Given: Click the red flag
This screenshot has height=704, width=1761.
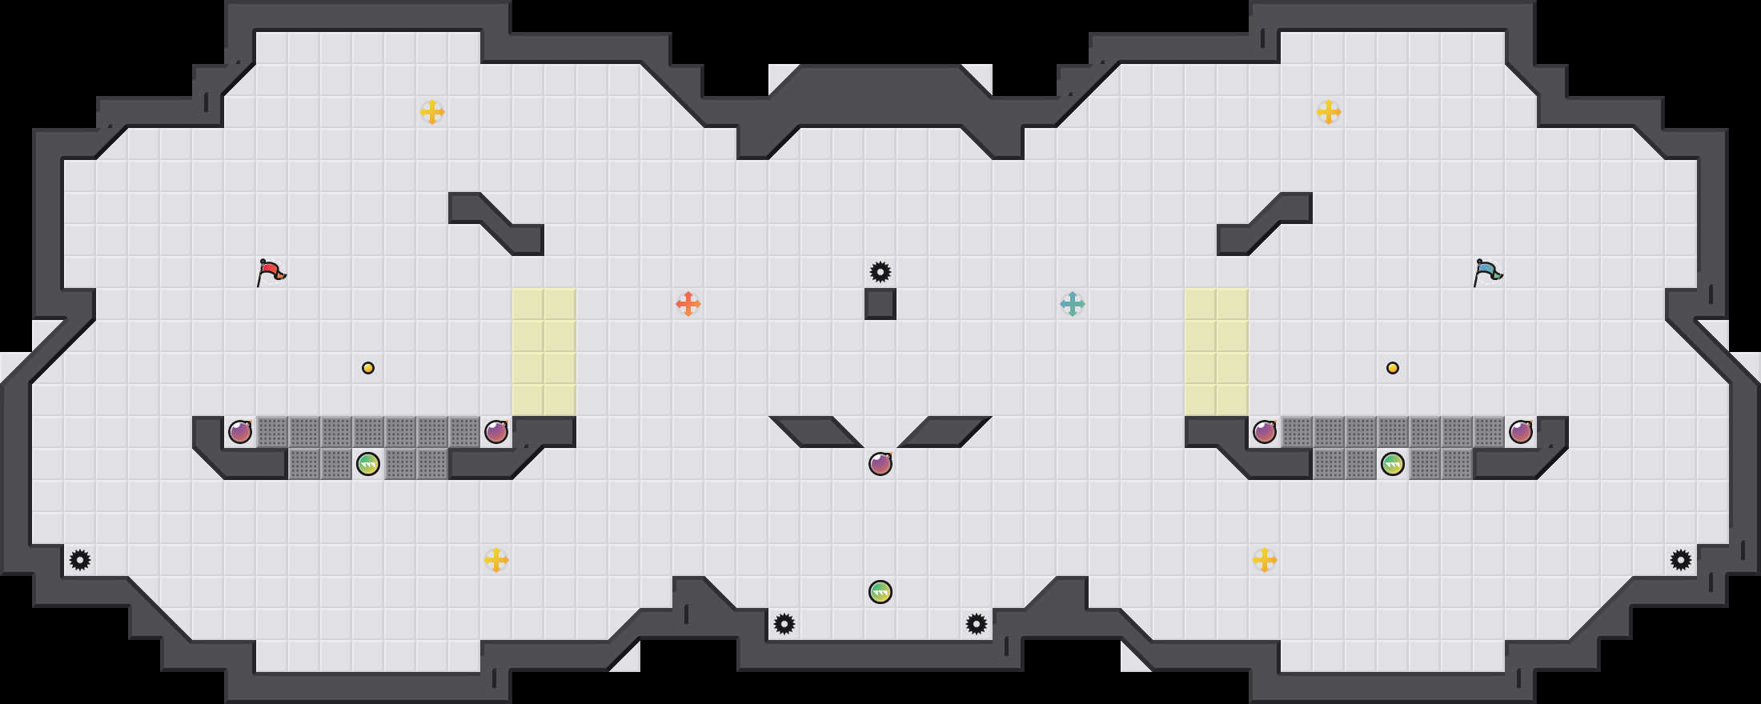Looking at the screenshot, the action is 271,272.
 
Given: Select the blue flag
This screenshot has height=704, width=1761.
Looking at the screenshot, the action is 1487,272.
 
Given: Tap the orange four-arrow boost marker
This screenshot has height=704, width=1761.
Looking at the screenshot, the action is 688,304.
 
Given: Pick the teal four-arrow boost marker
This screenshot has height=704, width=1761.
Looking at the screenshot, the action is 1072,304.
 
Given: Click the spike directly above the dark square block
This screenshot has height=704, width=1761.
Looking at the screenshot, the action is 880,272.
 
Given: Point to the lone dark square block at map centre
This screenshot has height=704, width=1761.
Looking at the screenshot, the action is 880,304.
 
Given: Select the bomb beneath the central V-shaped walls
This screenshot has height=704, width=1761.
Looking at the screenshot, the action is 880,464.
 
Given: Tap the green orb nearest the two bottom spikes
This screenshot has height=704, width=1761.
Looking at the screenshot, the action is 880,592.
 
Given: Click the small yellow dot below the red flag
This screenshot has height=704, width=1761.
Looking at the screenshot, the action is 368,368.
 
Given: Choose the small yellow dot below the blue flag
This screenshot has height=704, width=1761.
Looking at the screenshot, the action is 1393,368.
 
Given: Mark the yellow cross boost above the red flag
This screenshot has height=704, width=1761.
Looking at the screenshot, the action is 432,112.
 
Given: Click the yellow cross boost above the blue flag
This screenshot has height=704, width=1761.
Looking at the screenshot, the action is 1329,112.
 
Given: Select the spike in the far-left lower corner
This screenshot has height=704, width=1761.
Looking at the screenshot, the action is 80,560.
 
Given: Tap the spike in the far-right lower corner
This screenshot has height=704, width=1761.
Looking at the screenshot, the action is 1681,560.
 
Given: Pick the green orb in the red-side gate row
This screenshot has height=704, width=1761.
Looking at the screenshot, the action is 368,464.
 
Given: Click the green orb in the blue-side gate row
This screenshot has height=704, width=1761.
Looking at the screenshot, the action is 1393,464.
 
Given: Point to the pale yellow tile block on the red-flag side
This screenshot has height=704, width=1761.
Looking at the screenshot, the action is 544,352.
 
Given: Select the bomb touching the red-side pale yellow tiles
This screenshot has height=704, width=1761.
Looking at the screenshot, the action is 496,432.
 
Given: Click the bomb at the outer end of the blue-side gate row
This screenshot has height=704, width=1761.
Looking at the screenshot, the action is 1521,432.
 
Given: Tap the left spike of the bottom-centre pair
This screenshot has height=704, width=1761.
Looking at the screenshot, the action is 784,624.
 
